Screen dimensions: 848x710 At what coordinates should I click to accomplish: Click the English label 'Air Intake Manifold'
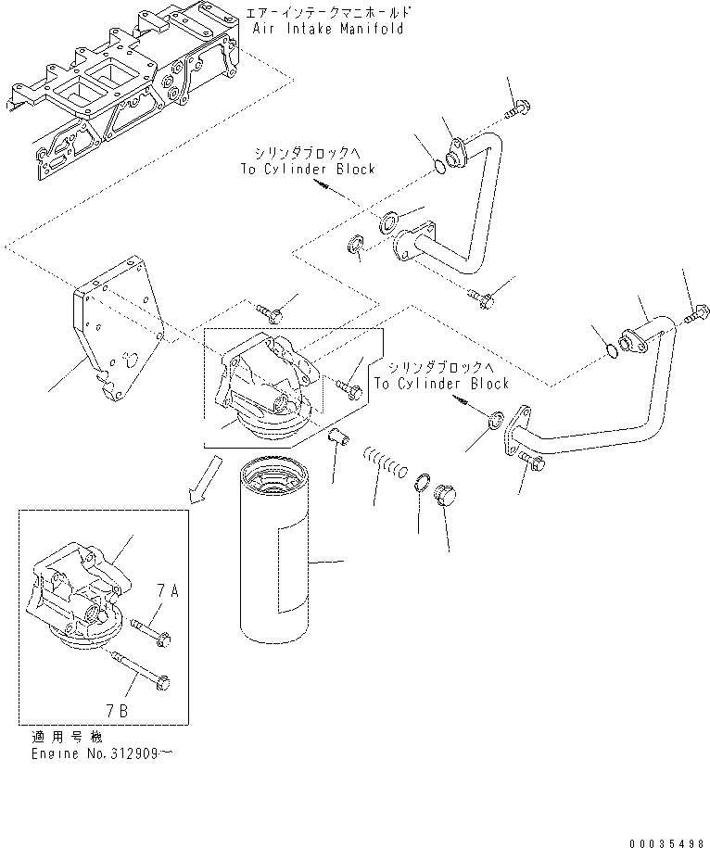[x=328, y=30]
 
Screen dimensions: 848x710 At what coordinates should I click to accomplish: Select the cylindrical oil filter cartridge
[x=278, y=556]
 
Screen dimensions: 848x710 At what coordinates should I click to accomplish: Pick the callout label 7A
[x=167, y=590]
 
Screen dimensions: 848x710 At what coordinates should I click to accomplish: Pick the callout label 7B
[x=116, y=712]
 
